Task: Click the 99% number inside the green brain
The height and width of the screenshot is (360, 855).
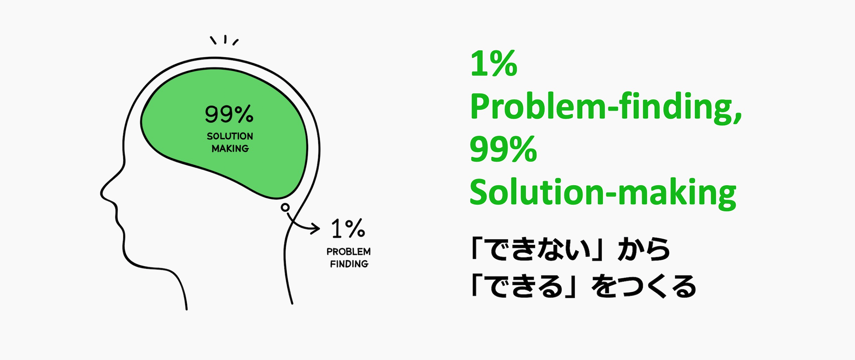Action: tap(229, 114)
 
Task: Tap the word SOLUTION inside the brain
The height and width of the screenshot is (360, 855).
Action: tap(230, 136)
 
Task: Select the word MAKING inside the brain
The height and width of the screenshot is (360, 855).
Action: tap(230, 149)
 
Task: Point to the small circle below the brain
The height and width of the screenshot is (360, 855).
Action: tap(285, 208)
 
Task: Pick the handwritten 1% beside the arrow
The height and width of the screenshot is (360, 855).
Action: tap(348, 229)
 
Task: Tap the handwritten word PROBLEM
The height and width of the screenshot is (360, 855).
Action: tap(349, 252)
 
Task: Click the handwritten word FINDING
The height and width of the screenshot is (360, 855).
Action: tap(349, 264)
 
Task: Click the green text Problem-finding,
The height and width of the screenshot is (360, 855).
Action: tap(606, 107)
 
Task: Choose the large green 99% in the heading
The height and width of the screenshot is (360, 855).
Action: tap(503, 149)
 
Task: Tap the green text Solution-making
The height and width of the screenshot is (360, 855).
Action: tap(603, 193)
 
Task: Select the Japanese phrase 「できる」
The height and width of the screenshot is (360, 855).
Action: tap(523, 286)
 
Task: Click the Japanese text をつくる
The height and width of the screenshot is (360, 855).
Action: tap(644, 286)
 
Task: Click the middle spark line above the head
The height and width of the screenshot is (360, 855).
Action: tap(225, 39)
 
